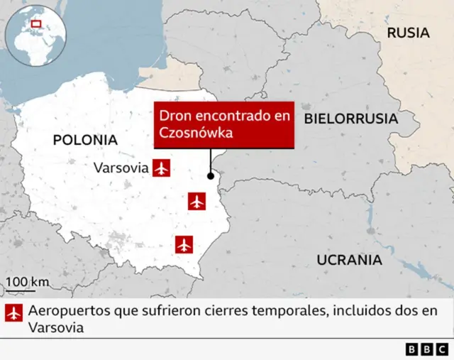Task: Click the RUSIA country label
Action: pos(408,33)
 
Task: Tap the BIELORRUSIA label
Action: pos(350,119)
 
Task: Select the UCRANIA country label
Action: pos(349,260)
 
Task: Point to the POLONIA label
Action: pos(85,140)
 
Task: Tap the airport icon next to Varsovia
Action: pos(162,168)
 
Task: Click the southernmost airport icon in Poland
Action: pos(184,244)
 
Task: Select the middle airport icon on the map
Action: pos(196,202)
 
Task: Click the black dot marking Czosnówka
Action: pos(210,176)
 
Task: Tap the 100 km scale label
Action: pos(28,282)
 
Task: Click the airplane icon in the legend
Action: pos(13,313)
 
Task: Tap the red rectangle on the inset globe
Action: pos(36,24)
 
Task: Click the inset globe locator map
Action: pos(35,36)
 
